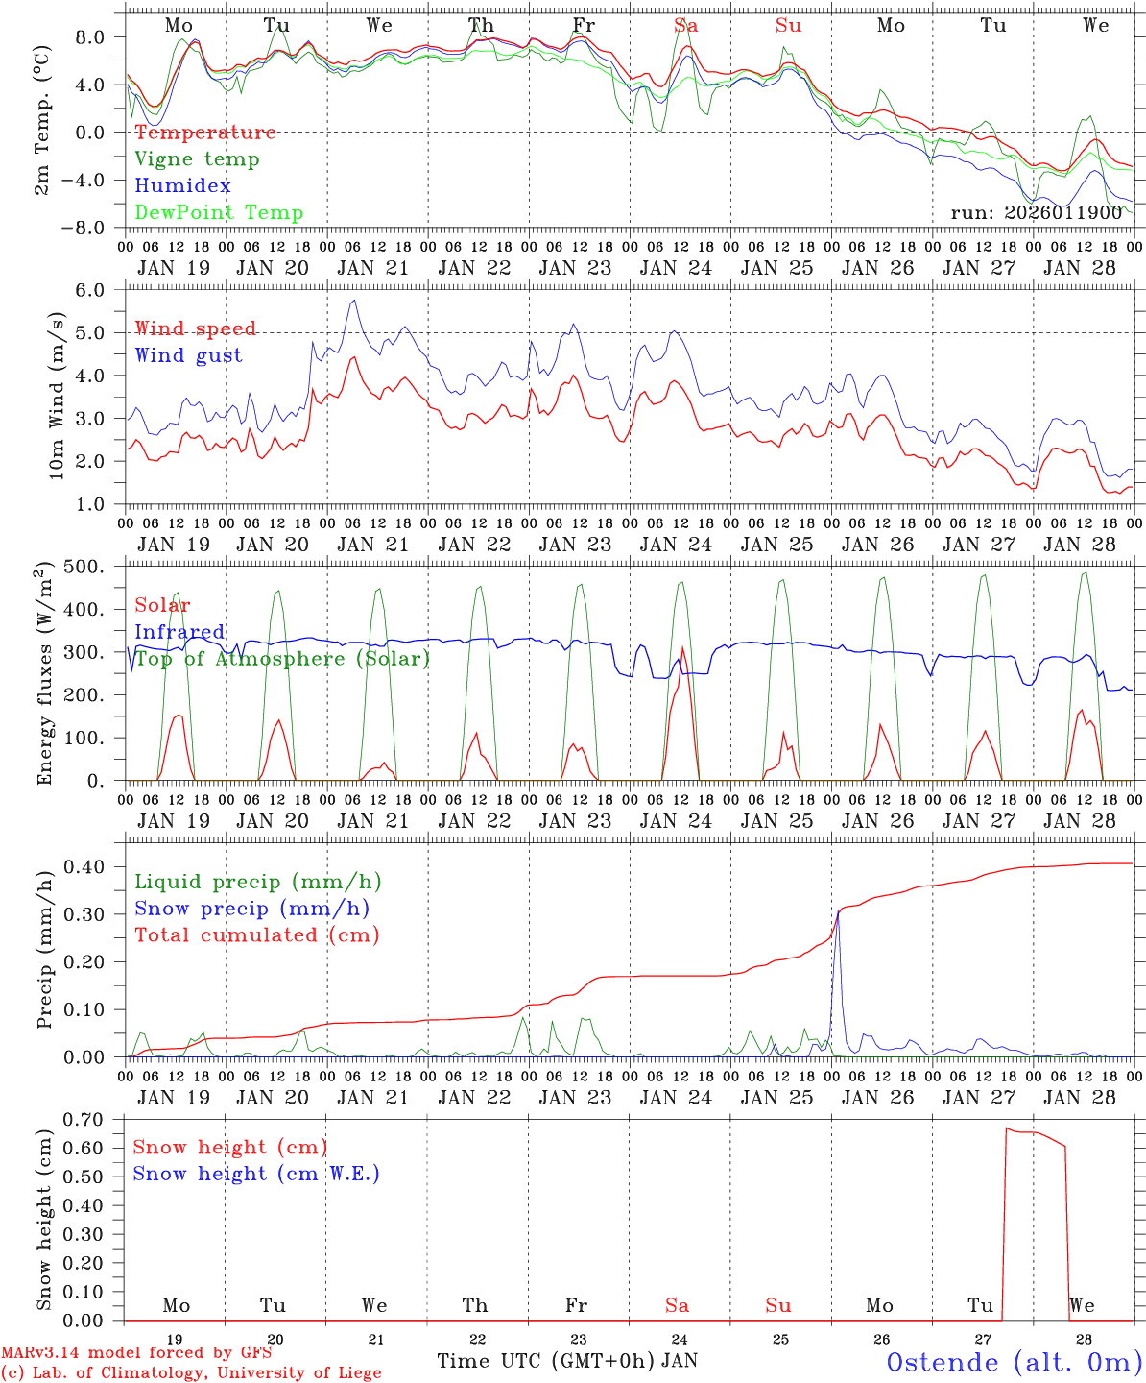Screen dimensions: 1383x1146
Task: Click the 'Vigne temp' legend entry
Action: point(197,159)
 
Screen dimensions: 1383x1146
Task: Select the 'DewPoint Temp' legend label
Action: point(219,213)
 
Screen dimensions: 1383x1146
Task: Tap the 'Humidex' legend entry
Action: point(182,186)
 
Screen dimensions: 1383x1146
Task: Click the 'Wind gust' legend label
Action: point(188,355)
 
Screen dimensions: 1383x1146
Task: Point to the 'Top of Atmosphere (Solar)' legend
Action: point(282,659)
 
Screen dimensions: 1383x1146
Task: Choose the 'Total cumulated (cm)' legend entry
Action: point(256,934)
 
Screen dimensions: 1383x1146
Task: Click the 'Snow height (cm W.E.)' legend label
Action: point(255,1174)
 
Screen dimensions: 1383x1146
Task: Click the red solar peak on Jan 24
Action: point(682,648)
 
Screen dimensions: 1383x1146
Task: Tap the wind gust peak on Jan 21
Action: point(354,301)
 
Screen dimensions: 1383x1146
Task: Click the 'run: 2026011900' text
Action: point(1036,212)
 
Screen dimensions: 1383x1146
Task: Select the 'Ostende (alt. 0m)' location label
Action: point(1014,1362)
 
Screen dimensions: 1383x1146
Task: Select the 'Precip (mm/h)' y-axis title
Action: point(44,951)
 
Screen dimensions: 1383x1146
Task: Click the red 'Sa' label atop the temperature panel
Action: point(685,26)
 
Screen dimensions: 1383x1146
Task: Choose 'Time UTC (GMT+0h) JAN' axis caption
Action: point(566,1361)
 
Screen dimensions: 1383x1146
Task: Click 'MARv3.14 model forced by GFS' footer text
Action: point(136,1353)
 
